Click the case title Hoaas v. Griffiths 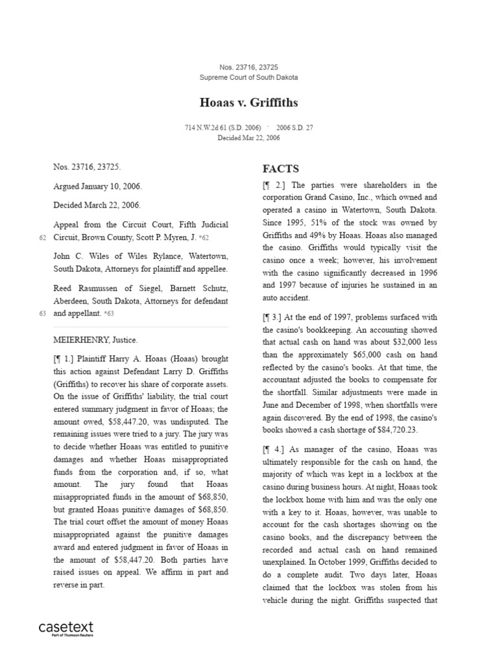pos(248,102)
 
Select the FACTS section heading pos(281,169)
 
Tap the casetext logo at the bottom pos(66,628)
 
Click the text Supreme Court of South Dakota pos(248,77)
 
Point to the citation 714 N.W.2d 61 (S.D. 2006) pos(222,128)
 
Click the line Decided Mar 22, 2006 pos(248,137)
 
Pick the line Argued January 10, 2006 pos(97,186)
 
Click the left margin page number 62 pos(42,238)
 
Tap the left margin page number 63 pos(42,313)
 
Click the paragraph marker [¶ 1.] pos(67,358)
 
